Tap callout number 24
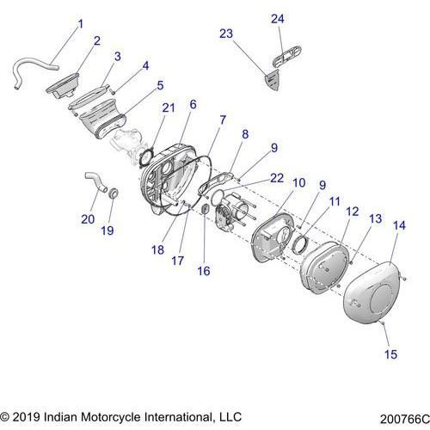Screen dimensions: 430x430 coord(277,19)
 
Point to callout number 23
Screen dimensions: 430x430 coord(226,34)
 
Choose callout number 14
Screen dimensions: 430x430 coord(398,224)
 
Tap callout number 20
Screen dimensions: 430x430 coord(88,219)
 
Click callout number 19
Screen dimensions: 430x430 coord(108,230)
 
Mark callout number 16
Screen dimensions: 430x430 coord(204,269)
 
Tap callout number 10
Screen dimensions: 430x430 coord(298,182)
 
